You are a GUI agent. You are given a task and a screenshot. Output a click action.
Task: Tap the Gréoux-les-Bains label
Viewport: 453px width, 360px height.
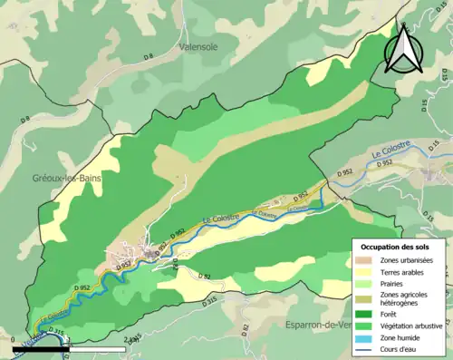pos(66,178)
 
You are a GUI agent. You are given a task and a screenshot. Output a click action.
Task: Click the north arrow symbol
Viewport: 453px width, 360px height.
pos(402,48)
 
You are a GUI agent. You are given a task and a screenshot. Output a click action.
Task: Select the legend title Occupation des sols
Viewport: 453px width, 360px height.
pos(396,247)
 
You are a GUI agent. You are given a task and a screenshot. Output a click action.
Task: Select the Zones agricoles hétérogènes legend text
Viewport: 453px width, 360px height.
pos(405,300)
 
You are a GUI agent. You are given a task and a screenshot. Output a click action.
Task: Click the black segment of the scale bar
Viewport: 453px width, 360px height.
pos(43,348)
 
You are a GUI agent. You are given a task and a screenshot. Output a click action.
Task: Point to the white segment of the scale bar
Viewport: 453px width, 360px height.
pos(100,348)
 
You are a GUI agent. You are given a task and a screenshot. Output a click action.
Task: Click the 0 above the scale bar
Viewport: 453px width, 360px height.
pos(15,341)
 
